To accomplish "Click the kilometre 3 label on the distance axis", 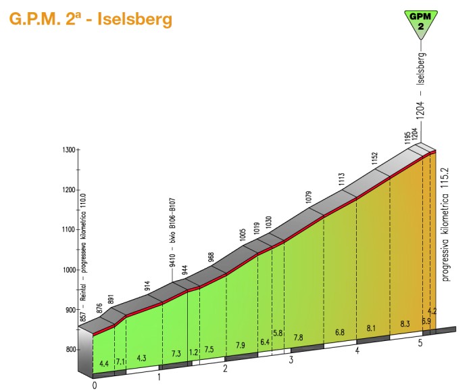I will point(291,360).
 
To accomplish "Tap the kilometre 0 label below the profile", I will point(95,386).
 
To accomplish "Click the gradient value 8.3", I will point(405,324).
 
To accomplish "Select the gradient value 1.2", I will point(195,351).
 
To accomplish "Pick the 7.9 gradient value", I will point(240,345).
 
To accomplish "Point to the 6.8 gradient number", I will point(339,332).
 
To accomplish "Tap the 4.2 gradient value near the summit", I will point(433,312).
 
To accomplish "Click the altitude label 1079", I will point(309,198).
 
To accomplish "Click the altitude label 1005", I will point(243,235).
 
